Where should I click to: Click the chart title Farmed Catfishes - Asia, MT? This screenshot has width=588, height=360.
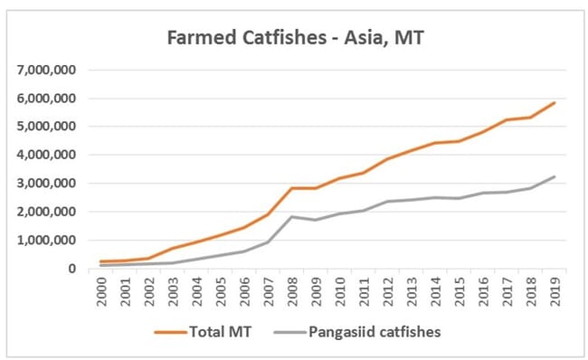click(294, 39)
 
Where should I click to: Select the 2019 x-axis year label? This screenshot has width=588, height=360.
click(554, 292)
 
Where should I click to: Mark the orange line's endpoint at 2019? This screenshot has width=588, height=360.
click(554, 103)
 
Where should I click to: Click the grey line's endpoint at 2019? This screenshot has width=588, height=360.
click(554, 176)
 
